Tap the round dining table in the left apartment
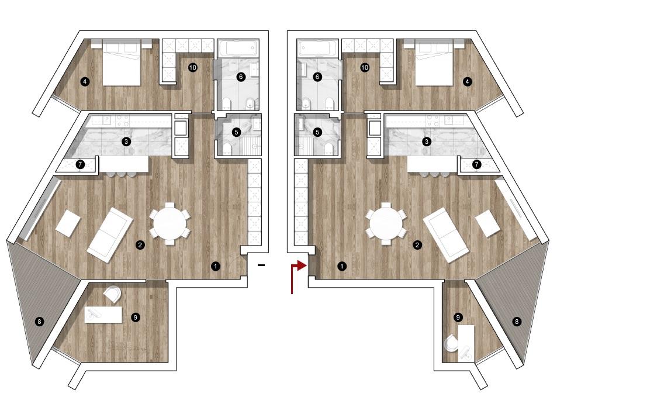[x=170, y=223]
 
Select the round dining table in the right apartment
[x=386, y=223]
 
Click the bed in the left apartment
[x=122, y=63]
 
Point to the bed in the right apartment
[x=434, y=63]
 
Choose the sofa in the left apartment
[x=110, y=234]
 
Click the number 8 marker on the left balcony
[x=39, y=322]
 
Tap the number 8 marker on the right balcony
[x=517, y=322]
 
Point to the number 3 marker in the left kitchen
[x=126, y=142]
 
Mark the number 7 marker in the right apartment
[x=476, y=164]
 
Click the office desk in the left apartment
[x=103, y=315]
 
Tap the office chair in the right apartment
[x=451, y=343]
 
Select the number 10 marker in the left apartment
[x=192, y=67]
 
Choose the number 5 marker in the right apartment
[x=317, y=132]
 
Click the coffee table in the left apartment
[x=68, y=223]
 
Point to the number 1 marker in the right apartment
[x=341, y=266]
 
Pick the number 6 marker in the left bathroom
[x=240, y=77]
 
